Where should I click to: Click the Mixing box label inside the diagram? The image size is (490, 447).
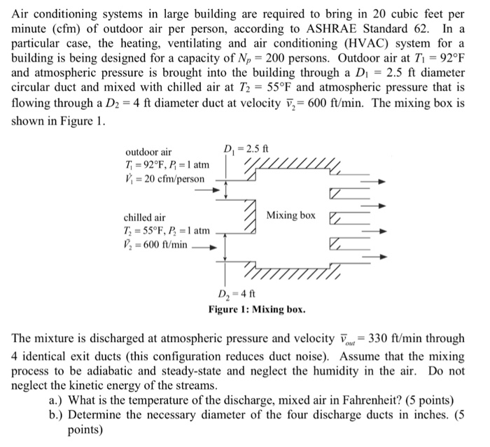click(290, 215)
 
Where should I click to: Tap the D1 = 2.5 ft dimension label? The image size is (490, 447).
click(245, 148)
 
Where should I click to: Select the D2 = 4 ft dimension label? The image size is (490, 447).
click(235, 295)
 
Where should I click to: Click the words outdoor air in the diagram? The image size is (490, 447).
click(148, 152)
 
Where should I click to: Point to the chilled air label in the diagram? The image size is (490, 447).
click(145, 218)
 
